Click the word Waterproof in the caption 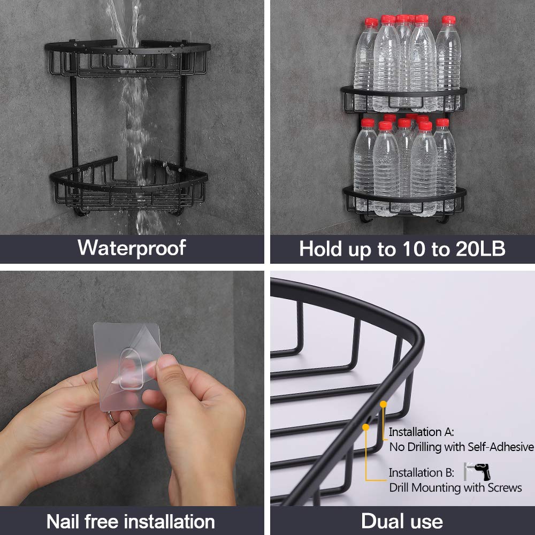pyautogui.click(x=132, y=248)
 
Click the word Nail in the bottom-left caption pyautogui.click(x=67, y=521)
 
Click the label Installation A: pyautogui.click(x=421, y=432)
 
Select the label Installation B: pyautogui.click(x=421, y=472)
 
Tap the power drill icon pyautogui.click(x=477, y=471)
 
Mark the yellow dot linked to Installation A pyautogui.click(x=383, y=404)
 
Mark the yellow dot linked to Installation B pyautogui.click(x=366, y=426)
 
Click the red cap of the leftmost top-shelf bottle pyautogui.click(x=371, y=22)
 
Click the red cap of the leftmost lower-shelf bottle pyautogui.click(x=368, y=123)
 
